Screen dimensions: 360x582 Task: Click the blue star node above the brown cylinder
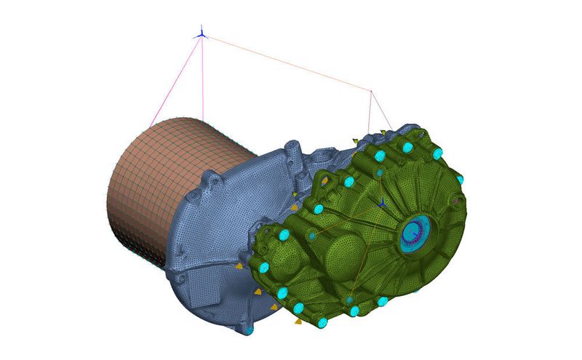(x=201, y=33)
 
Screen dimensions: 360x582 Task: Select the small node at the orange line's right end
(x=371, y=91)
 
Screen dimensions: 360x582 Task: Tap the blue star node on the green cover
(x=381, y=203)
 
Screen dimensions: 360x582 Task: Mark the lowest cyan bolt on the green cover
(x=322, y=321)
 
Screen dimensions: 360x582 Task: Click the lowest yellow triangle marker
(x=297, y=320)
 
